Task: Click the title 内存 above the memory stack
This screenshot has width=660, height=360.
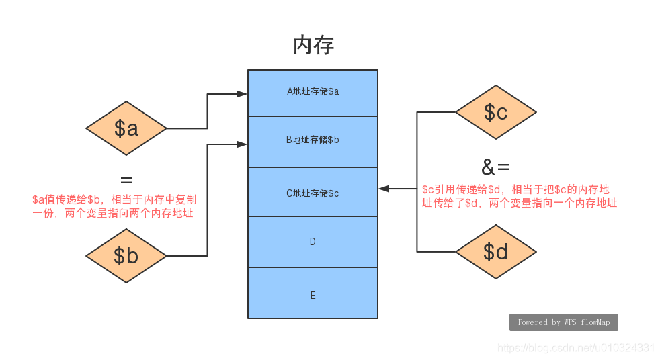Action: click(x=313, y=46)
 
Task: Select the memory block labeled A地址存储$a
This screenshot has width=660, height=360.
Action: click(x=313, y=92)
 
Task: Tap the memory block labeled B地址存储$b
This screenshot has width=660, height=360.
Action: click(x=313, y=141)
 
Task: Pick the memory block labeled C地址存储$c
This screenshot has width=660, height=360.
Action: click(x=313, y=193)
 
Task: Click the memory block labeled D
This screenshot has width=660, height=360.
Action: click(x=313, y=242)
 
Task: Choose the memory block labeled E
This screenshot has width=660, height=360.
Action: click(x=313, y=294)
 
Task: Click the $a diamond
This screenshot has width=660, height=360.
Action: click(x=126, y=128)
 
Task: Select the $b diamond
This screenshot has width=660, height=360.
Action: click(x=126, y=256)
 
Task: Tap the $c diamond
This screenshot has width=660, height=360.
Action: click(x=496, y=112)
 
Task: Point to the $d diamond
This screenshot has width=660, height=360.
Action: click(x=496, y=252)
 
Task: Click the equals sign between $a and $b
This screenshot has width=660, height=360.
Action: click(x=126, y=180)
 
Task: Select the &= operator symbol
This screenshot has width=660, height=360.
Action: click(x=496, y=167)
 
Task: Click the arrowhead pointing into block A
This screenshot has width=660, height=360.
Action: click(x=242, y=94)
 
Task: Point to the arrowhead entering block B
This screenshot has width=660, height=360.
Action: click(x=242, y=144)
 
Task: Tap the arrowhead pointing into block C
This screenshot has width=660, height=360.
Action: click(x=384, y=189)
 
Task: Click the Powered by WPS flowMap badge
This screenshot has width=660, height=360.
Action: click(x=563, y=322)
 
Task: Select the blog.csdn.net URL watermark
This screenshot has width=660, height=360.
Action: click(x=575, y=347)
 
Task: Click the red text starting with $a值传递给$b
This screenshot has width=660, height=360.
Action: click(x=114, y=207)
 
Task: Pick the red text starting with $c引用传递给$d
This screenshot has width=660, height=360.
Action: click(x=519, y=196)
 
